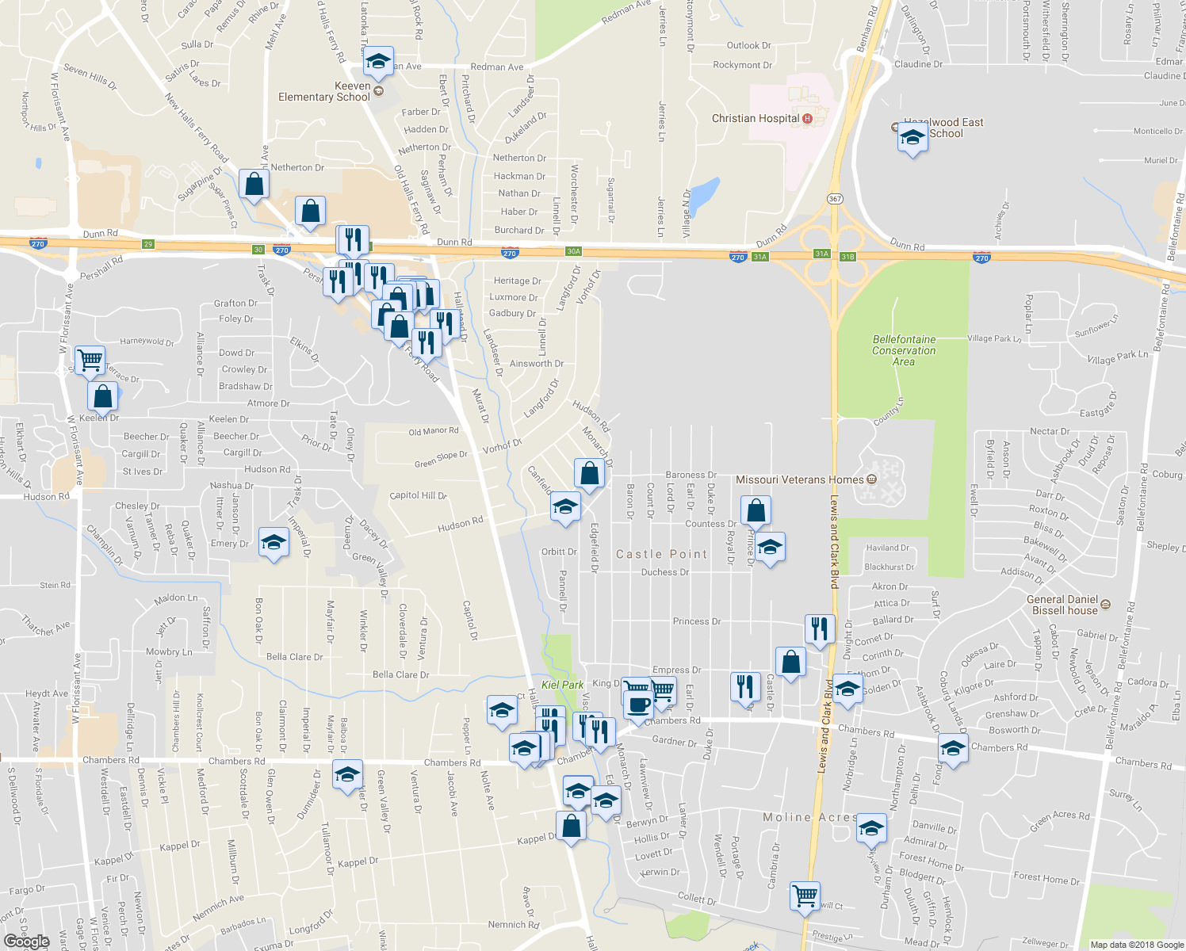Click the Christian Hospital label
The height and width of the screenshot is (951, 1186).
[x=756, y=119]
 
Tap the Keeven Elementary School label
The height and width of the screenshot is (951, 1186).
[x=324, y=92]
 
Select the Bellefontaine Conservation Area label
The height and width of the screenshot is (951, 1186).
[x=904, y=350]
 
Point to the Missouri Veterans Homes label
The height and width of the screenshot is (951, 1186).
[x=800, y=479]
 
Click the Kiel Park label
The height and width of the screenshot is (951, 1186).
[x=562, y=685]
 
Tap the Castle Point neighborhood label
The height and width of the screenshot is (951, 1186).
[x=661, y=554]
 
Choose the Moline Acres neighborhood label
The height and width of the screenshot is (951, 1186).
[x=809, y=817]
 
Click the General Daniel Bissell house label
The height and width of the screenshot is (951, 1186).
[x=1063, y=605]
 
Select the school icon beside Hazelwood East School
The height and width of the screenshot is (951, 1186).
[x=912, y=138]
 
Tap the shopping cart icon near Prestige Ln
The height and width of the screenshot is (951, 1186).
[x=805, y=896]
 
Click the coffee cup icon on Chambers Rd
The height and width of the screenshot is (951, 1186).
[x=638, y=705]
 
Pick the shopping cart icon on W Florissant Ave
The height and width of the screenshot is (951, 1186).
[x=90, y=360]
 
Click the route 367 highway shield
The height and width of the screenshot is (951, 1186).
[x=834, y=198]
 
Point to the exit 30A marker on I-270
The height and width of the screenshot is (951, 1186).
[x=573, y=251]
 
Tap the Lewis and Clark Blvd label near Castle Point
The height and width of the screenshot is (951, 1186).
[x=833, y=542]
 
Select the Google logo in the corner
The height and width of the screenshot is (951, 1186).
[x=27, y=941]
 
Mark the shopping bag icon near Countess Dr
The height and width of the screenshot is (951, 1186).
[x=756, y=511]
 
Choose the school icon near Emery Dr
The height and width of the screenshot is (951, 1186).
[x=274, y=543]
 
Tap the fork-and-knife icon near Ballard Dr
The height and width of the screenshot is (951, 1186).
[x=820, y=628]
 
